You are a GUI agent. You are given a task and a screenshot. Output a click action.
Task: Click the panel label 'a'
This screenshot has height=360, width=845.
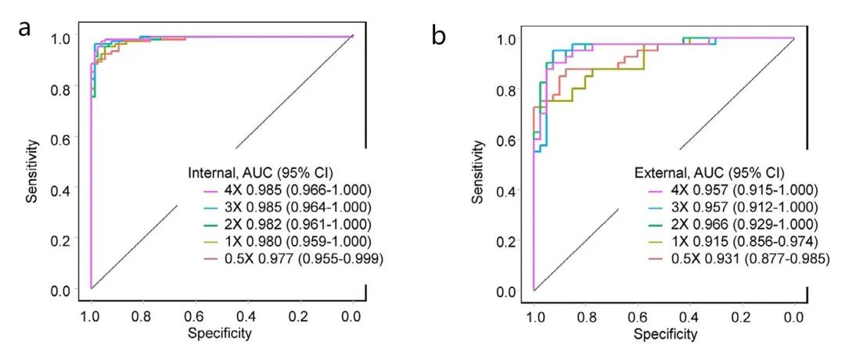(x=26, y=29)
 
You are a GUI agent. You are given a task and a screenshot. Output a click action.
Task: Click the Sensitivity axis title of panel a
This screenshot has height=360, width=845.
(x=32, y=171)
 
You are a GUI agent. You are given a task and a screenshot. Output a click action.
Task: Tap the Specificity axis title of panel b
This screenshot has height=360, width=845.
(x=665, y=335)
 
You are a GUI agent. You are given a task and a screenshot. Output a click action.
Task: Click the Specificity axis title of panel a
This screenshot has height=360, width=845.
(x=220, y=333)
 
